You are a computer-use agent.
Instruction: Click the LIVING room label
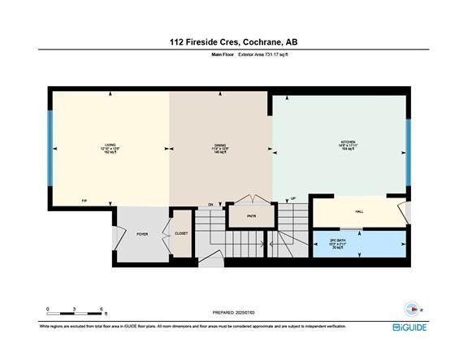point(110,145)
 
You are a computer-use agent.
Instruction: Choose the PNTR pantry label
point(251,217)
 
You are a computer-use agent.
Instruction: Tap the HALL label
point(358,212)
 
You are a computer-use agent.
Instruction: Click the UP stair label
point(293,197)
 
